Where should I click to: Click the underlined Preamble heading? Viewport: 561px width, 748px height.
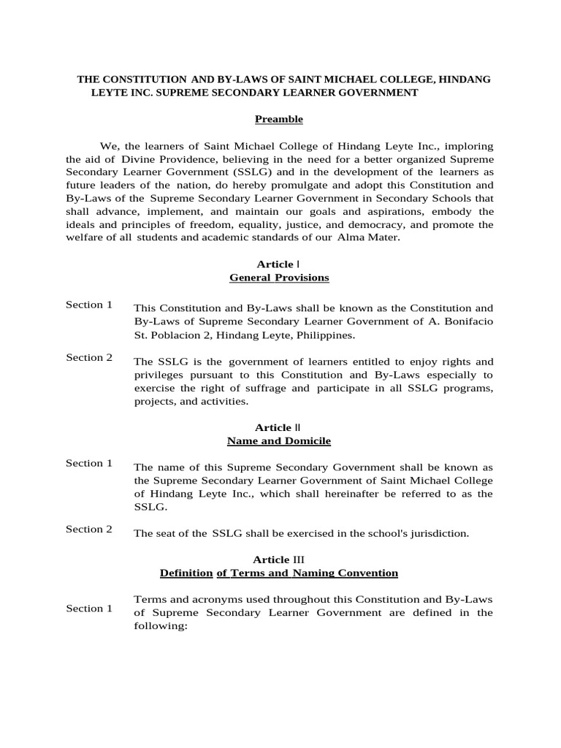(x=278, y=119)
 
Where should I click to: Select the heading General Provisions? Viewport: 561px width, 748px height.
(x=279, y=278)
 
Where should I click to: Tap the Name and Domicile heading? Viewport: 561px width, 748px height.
(x=279, y=441)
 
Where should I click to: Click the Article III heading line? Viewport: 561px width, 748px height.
(x=279, y=560)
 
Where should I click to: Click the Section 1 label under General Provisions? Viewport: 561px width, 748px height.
(x=89, y=305)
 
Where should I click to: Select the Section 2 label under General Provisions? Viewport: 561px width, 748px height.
(x=89, y=357)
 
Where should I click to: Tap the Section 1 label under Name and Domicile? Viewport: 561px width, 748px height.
(x=89, y=463)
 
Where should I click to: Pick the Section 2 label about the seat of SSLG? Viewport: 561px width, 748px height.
(x=89, y=529)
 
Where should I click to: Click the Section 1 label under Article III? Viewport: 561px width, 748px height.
(x=89, y=608)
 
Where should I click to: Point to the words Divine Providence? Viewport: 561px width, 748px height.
(x=138, y=159)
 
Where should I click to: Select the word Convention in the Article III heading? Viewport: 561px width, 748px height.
(x=363, y=573)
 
